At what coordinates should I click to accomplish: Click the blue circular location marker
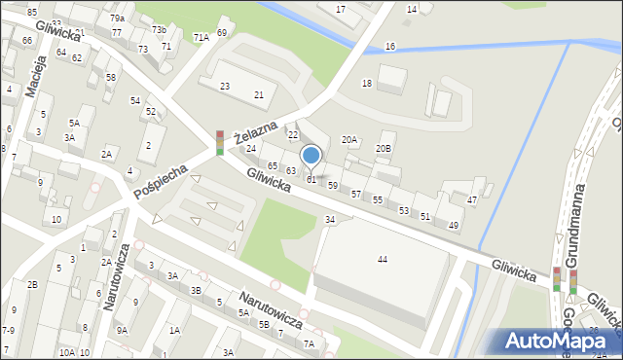(x=311, y=155)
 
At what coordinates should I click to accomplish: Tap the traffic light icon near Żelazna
(x=220, y=143)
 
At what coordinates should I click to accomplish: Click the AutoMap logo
(x=557, y=341)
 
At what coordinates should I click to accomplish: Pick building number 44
(x=383, y=259)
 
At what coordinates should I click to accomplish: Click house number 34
(x=330, y=220)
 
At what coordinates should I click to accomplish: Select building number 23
(x=225, y=87)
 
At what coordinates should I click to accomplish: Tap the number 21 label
(x=259, y=94)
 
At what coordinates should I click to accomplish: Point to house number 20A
(x=349, y=140)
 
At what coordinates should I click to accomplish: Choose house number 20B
(x=384, y=148)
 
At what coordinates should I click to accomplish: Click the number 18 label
(x=367, y=84)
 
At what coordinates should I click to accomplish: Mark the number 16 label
(x=390, y=47)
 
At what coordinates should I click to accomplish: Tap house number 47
(x=472, y=199)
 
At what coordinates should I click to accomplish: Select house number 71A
(x=201, y=37)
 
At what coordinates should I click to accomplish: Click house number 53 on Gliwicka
(x=404, y=210)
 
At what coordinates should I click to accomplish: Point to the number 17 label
(x=341, y=9)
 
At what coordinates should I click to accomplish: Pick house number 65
(x=274, y=166)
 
